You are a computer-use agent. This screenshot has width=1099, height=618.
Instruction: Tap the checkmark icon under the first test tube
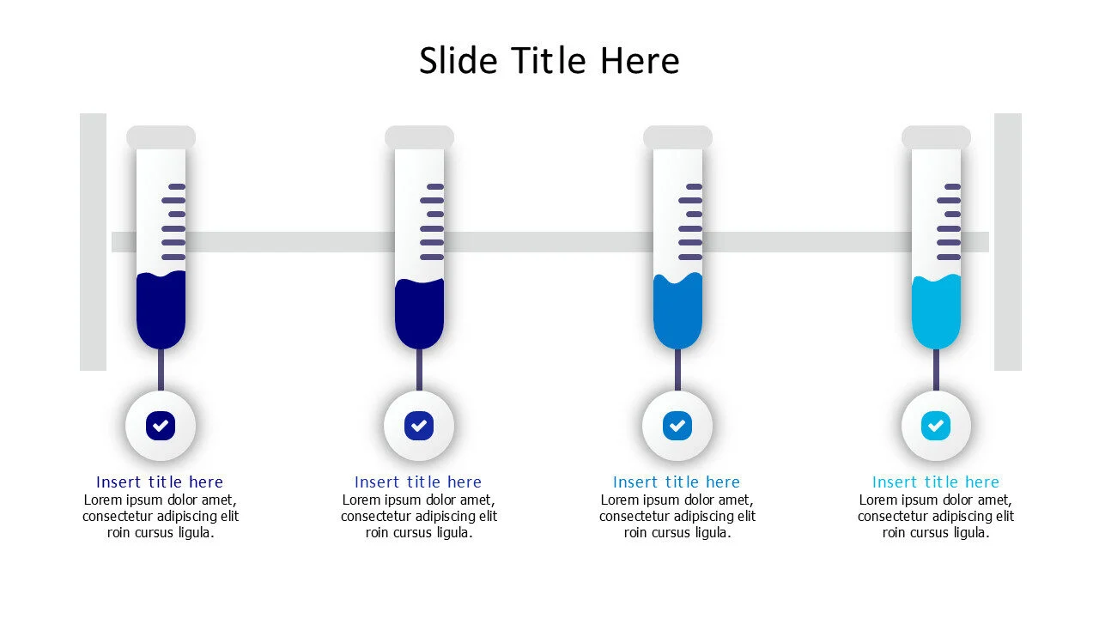point(161,425)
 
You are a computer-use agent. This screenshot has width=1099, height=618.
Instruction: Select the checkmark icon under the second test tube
point(419,425)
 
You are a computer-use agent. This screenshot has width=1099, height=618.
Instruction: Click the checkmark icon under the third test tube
point(677,425)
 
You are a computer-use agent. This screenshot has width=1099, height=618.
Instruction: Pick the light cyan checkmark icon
point(936,425)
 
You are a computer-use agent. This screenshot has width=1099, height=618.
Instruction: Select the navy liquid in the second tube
point(419,313)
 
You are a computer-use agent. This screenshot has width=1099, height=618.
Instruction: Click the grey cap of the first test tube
point(161,137)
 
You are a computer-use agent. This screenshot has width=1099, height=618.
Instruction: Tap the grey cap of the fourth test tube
point(936,137)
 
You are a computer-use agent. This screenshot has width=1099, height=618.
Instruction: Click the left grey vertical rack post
point(93,242)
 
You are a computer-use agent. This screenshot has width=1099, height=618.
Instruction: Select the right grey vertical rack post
point(1008,242)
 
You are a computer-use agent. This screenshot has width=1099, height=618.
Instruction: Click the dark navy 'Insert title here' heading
point(160,482)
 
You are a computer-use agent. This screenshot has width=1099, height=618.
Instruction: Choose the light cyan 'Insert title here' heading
point(936,482)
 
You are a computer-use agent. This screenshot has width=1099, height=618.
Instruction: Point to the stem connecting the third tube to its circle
point(677,369)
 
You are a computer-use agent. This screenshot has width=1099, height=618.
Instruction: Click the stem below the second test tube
point(419,369)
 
